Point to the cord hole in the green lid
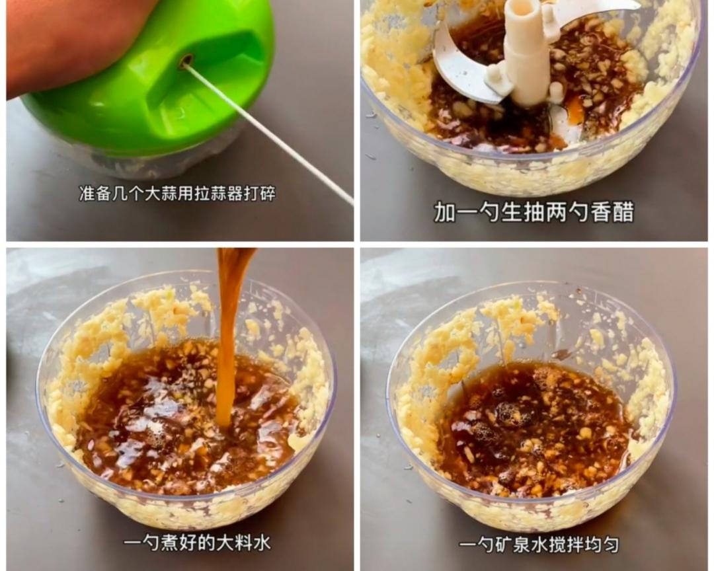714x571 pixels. (186, 61)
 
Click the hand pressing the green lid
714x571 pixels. (59, 40)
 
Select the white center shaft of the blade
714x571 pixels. (527, 53)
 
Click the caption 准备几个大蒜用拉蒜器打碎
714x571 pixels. (177, 194)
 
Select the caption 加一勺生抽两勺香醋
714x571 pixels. (534, 212)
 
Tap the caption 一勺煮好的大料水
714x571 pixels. (197, 543)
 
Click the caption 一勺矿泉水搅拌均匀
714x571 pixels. (539, 545)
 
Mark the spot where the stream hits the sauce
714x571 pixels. (223, 423)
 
